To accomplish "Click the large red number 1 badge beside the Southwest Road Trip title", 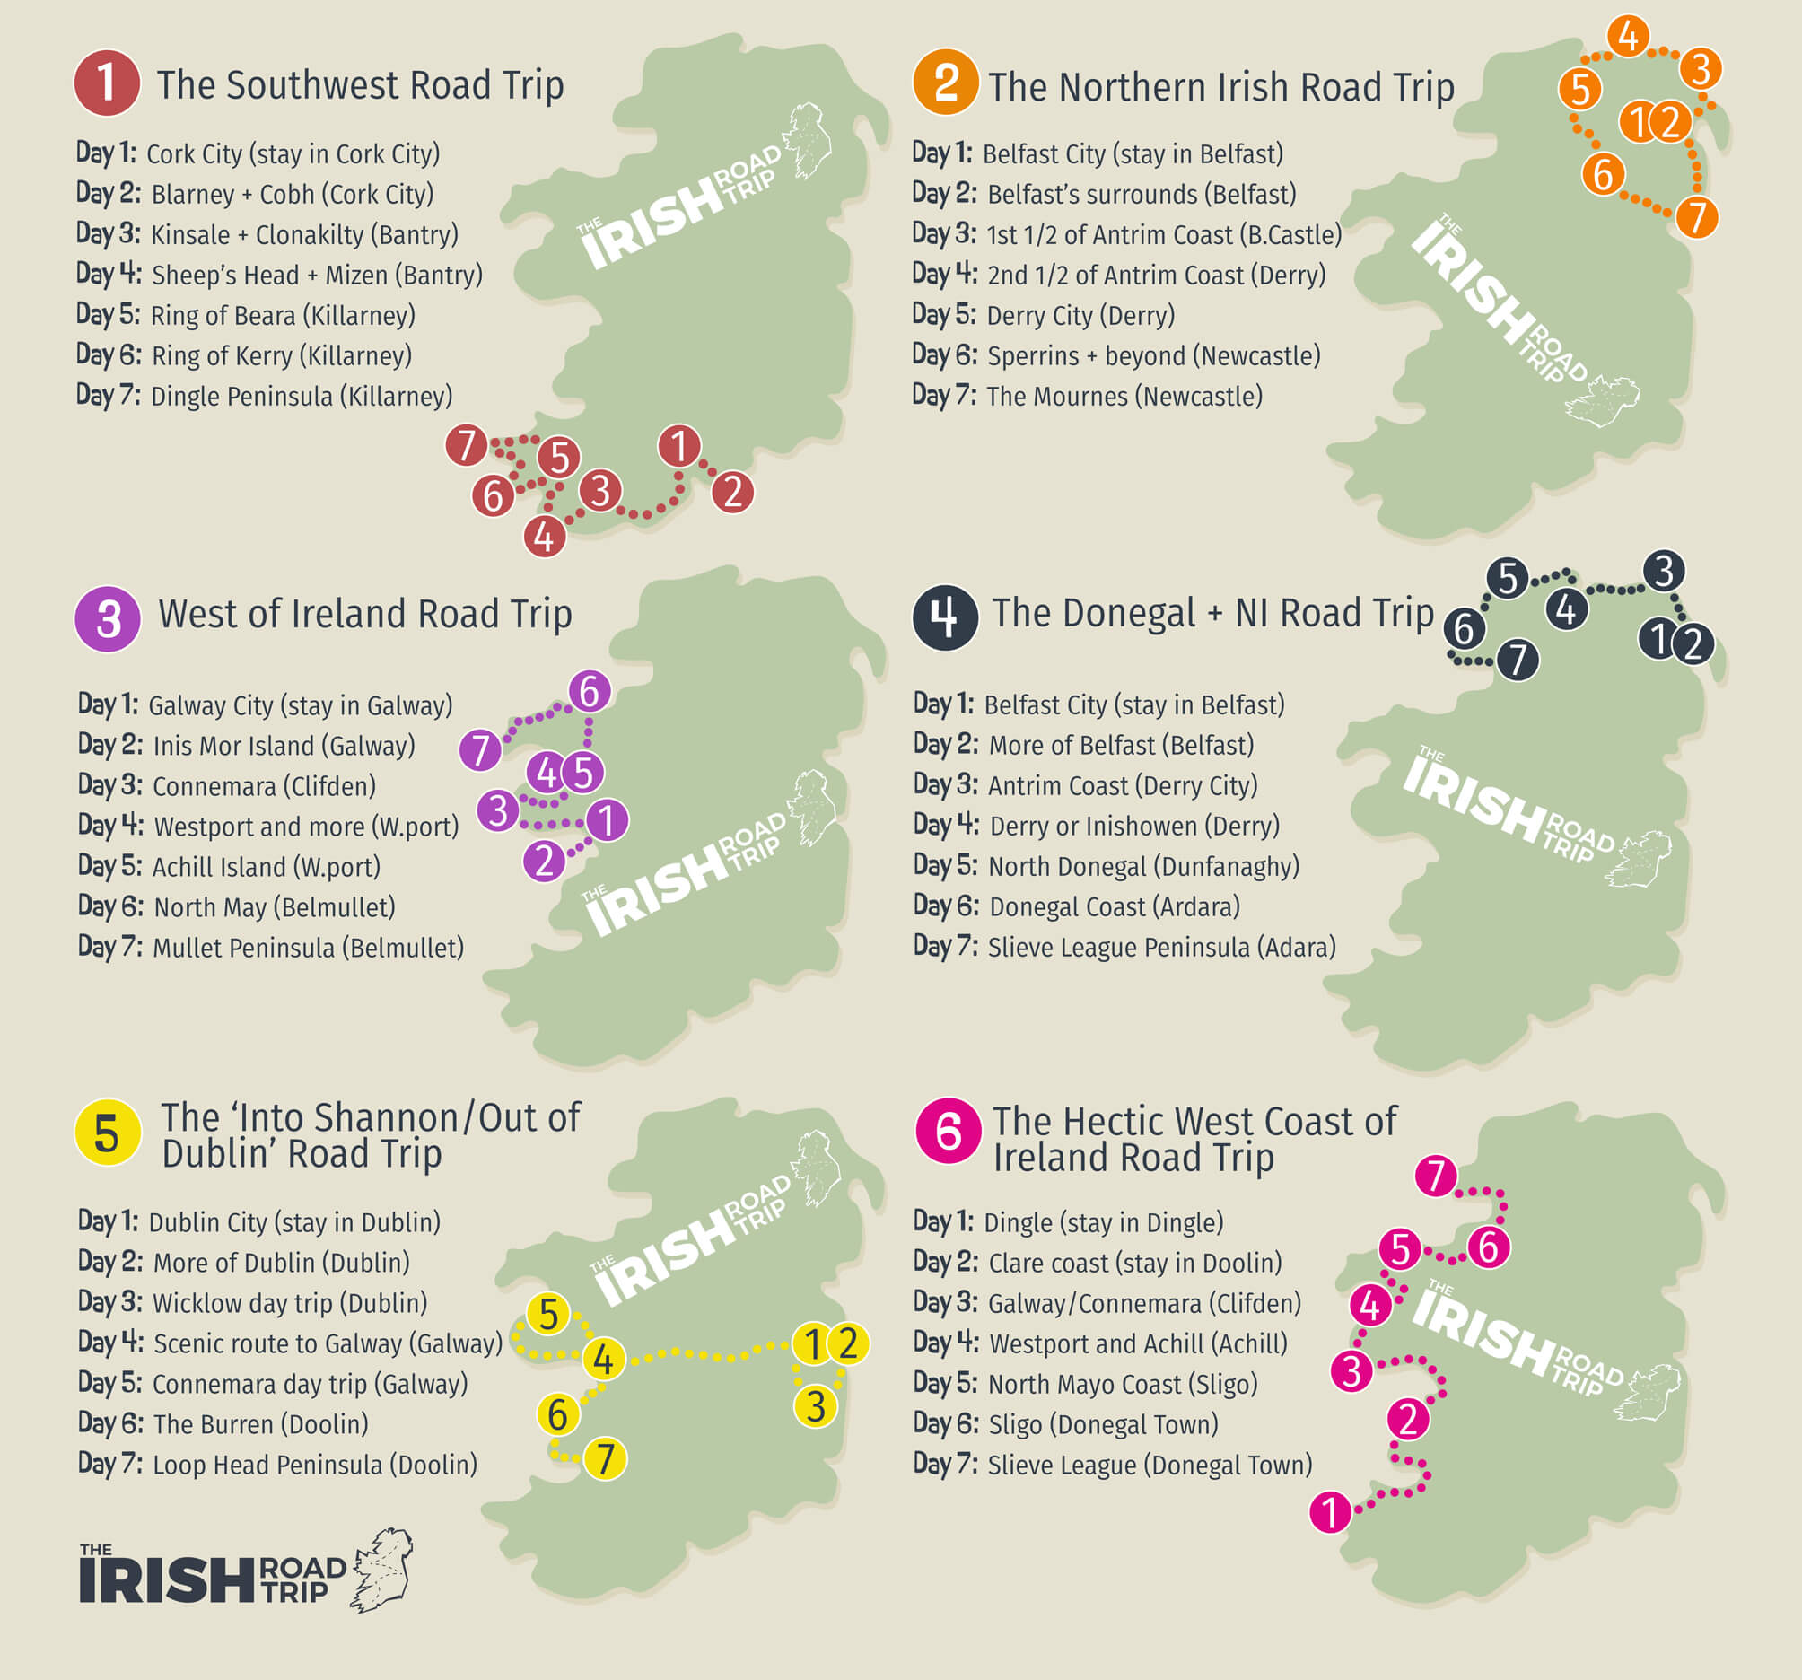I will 107,83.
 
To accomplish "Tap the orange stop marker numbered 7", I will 1697,216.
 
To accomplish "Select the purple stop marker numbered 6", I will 590,691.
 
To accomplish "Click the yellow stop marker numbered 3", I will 816,1406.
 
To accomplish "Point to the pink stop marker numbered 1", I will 1331,1512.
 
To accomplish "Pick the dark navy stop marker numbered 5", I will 1508,579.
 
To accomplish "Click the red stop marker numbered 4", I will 544,536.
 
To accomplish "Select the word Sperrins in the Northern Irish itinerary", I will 1032,356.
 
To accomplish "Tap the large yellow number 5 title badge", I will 107,1133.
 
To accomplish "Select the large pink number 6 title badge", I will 949,1131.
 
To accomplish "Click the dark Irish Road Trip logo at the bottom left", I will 245,1573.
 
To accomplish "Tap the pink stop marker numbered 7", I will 1436,1176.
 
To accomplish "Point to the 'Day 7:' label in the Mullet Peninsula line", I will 109,948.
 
